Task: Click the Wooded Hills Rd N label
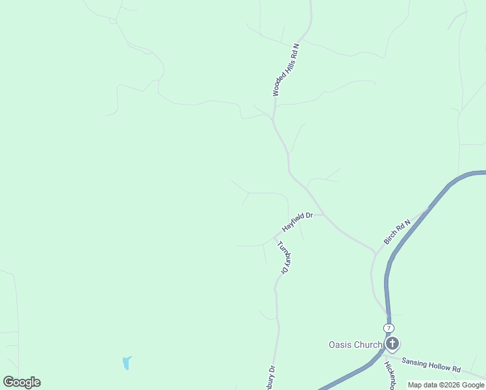tap(286, 70)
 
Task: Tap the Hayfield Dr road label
tap(298, 222)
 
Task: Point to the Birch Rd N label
tap(397, 232)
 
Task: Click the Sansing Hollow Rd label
tap(431, 365)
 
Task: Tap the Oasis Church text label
tap(355, 344)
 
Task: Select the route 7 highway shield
tap(388, 328)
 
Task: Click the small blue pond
tap(126, 363)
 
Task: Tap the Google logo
tap(21, 382)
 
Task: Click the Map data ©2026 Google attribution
tap(446, 385)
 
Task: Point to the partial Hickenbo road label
tap(390, 376)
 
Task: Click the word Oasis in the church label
tap(340, 344)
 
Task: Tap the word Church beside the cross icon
tap(368, 344)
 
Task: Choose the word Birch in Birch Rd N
tap(391, 237)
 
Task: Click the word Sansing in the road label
tap(414, 361)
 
